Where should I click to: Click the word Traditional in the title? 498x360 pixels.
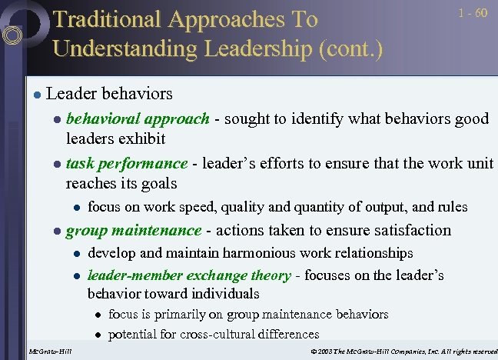click(x=108, y=19)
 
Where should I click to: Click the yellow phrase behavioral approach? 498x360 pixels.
click(x=138, y=118)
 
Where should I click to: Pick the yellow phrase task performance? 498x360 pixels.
click(x=127, y=163)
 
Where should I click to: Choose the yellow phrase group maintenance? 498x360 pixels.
click(x=134, y=230)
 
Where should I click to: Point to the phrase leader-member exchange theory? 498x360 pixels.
click(x=189, y=275)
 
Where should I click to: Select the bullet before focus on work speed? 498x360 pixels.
click(x=77, y=207)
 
